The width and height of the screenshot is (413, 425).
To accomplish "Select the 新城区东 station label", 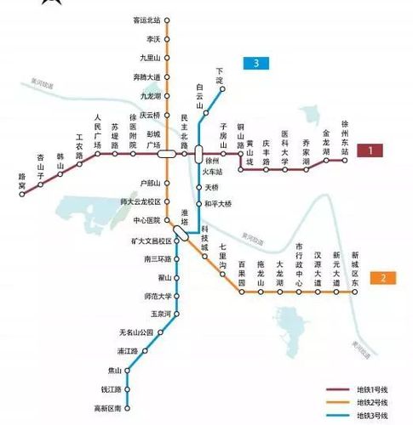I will (x=355, y=266).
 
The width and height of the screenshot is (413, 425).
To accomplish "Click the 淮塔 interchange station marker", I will (x=181, y=230).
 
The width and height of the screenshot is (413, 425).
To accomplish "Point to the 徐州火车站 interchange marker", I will (x=199, y=154).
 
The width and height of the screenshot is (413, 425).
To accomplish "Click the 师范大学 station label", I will (x=145, y=297).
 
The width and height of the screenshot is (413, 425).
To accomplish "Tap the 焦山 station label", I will (x=114, y=370).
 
